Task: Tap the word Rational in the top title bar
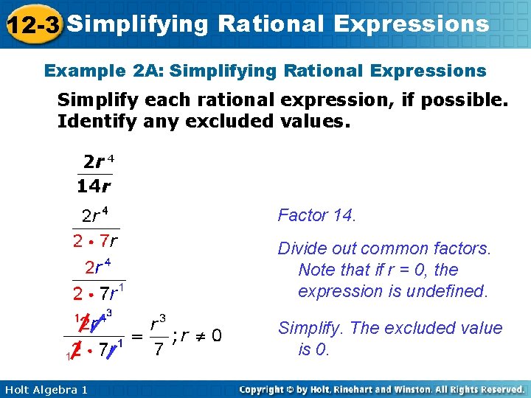271,24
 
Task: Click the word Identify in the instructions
94,121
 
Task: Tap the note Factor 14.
316,215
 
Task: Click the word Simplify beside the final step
308,328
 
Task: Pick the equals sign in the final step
136,336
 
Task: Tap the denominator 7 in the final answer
157,349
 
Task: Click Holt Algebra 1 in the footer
44,389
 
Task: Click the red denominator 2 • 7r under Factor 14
97,240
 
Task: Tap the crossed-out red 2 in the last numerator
86,322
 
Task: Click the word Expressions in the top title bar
411,24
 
